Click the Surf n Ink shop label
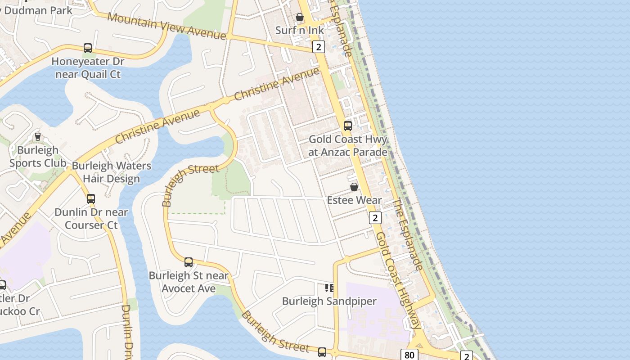299,31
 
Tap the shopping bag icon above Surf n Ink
299,18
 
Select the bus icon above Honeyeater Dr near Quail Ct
88,48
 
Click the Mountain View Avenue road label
166,26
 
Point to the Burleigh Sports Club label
38,157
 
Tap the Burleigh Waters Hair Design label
112,172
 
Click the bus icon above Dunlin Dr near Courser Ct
91,198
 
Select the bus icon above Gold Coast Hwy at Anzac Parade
348,126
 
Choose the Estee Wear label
354,200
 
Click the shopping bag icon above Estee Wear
354,187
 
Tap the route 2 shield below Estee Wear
375,218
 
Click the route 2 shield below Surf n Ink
319,47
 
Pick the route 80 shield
409,355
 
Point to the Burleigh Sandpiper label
329,301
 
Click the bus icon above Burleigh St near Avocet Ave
189,262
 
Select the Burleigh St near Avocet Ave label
189,282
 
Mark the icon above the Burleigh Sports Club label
38,137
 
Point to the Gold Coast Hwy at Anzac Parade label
348,146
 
